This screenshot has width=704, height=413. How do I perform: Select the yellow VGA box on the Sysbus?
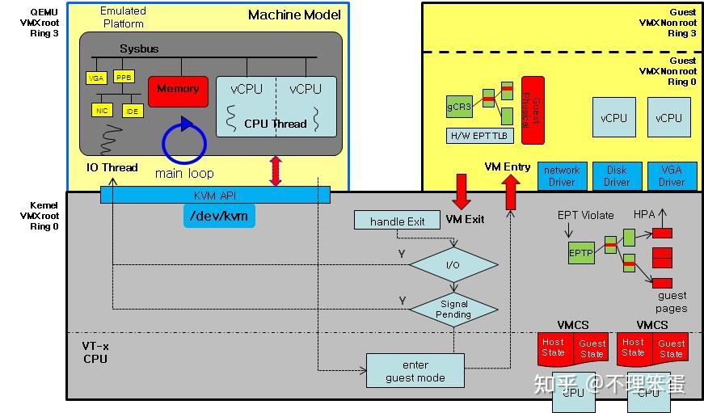(x=96, y=78)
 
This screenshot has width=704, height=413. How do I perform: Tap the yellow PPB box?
(x=124, y=78)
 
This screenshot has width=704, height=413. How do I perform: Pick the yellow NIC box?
(x=102, y=110)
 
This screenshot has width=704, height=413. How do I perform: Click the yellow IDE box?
(x=132, y=111)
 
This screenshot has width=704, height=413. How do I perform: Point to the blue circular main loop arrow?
(x=184, y=142)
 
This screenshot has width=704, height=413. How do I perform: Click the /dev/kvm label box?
(x=218, y=215)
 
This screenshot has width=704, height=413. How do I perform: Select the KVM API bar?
(x=215, y=195)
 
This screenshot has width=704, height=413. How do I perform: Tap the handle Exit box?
(x=397, y=221)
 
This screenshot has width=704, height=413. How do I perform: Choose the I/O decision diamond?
(x=453, y=264)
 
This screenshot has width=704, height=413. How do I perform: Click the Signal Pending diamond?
(x=453, y=309)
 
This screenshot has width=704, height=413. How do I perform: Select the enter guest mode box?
(x=415, y=371)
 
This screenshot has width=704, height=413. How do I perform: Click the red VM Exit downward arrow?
(x=462, y=192)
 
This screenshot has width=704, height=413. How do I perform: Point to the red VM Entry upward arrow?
(x=511, y=192)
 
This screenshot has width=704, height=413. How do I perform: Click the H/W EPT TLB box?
(x=479, y=135)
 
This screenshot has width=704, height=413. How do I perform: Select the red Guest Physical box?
(x=533, y=110)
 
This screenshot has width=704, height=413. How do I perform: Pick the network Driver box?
(x=562, y=176)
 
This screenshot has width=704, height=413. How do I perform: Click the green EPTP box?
(x=580, y=252)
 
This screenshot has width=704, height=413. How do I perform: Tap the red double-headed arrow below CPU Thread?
(x=276, y=171)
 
